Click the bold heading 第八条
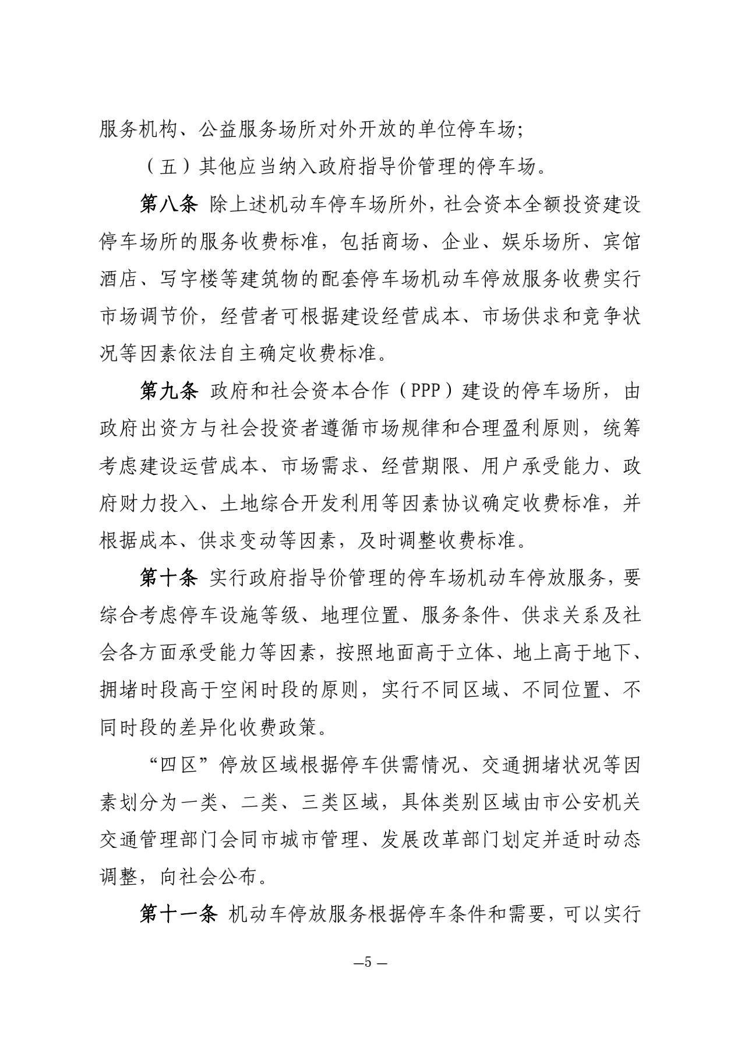[x=170, y=206]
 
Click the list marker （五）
[x=169, y=168]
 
